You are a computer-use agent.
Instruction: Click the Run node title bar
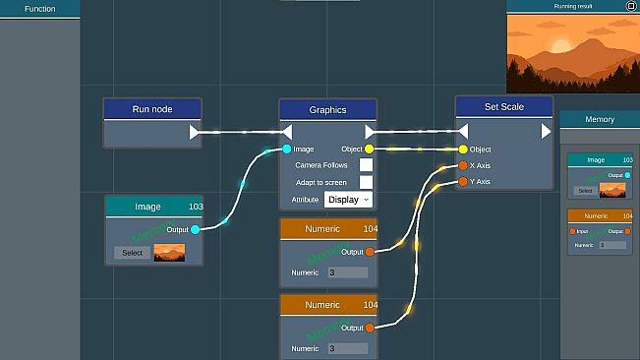(152, 109)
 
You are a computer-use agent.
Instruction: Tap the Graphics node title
(327, 110)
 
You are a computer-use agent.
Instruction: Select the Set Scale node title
(503, 107)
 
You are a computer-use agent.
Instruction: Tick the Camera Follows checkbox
(366, 165)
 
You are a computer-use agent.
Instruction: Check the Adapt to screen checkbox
(366, 182)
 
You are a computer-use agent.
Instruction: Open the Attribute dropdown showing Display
(349, 199)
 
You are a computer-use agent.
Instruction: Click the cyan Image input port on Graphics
(286, 150)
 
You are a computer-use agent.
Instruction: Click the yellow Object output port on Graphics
(369, 150)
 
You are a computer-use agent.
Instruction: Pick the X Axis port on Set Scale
(463, 165)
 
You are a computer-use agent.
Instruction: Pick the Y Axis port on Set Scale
(463, 181)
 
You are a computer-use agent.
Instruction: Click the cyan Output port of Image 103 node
(195, 229)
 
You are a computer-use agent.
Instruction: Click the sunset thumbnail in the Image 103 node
(169, 253)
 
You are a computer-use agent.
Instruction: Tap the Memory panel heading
(600, 119)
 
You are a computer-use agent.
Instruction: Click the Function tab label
(40, 9)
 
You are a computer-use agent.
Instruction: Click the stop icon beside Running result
(630, 6)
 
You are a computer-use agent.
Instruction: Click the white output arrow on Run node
(195, 132)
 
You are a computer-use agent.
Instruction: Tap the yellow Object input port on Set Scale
(463, 150)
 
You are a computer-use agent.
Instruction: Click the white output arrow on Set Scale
(546, 131)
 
